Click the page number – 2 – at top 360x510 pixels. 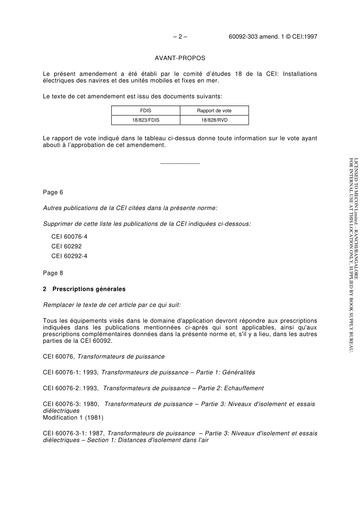[180, 37]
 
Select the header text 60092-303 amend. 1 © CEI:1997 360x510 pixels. [273, 37]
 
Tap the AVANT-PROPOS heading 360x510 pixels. [180, 58]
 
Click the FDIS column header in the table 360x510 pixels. [146, 111]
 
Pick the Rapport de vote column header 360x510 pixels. [214, 111]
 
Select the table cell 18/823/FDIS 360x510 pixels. [146, 120]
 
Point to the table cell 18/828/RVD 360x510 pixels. [214, 120]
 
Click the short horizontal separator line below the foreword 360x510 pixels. [180, 164]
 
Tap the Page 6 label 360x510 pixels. [53, 192]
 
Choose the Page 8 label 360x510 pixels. [53, 273]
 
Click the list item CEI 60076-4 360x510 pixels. [69, 237]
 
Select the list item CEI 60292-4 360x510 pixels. [69, 256]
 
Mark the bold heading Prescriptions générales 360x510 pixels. [89, 289]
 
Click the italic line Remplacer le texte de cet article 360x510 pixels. [112, 305]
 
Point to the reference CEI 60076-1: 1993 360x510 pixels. [71, 372]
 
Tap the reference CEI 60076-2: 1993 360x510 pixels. [71, 388]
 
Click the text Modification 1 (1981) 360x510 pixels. [73, 417]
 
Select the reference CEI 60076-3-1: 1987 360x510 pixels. [74, 433]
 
